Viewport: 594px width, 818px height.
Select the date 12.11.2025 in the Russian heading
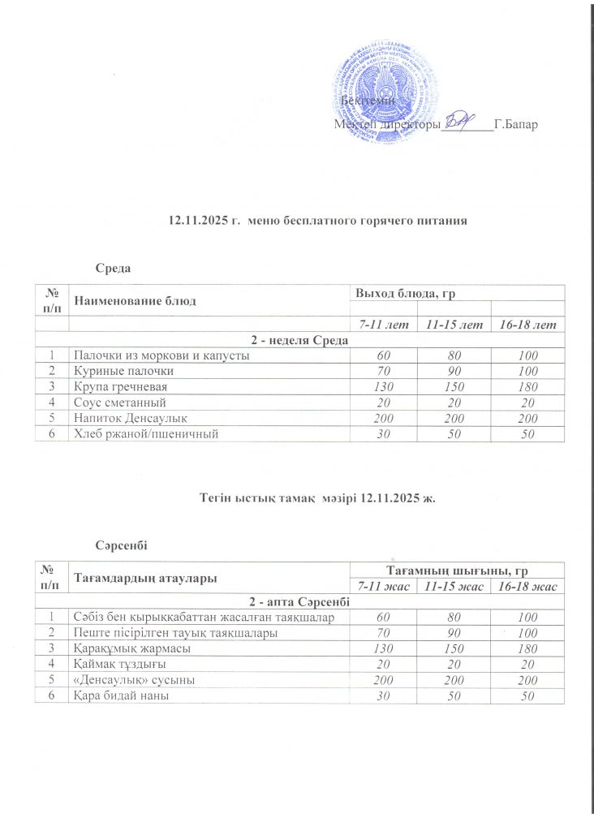(193, 220)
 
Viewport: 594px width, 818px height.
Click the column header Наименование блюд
(136, 302)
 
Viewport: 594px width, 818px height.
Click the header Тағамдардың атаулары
(146, 578)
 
